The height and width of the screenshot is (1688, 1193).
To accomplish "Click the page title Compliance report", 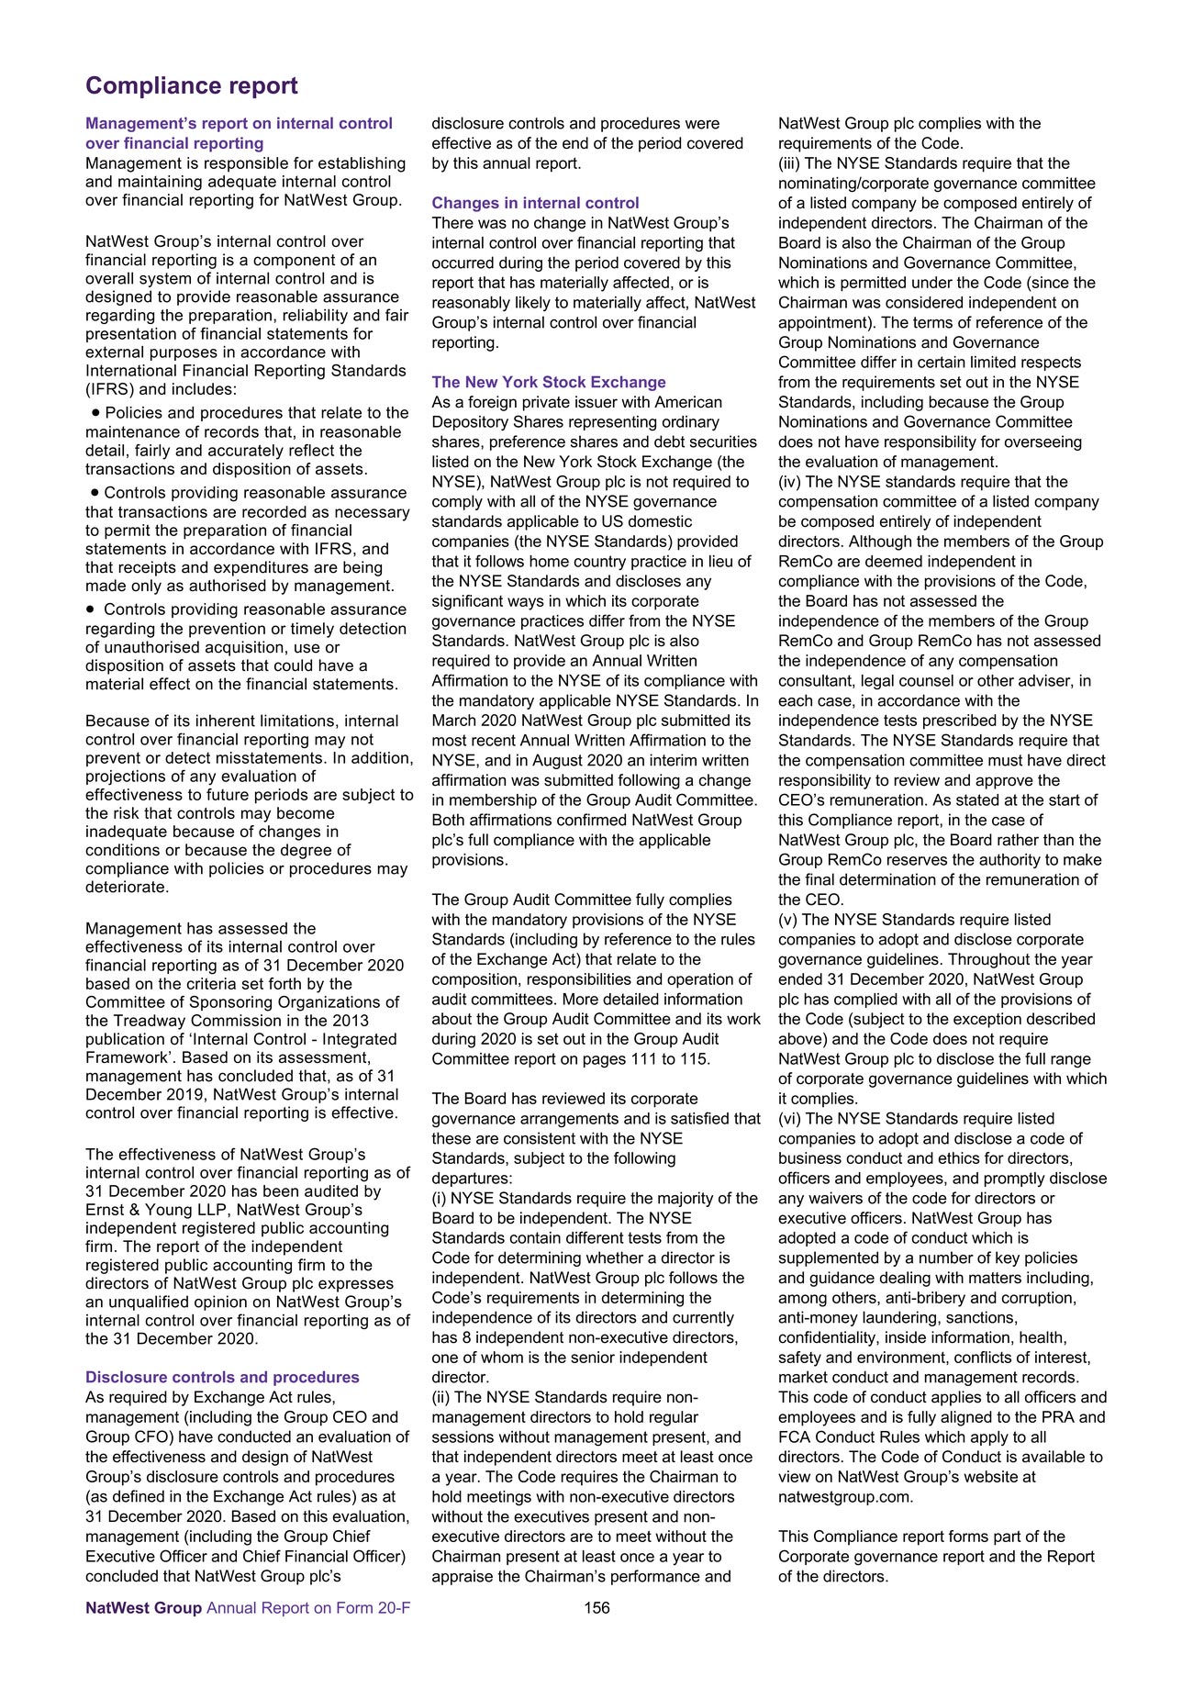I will tap(192, 86).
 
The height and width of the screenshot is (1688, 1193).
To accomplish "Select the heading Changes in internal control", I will tap(535, 203).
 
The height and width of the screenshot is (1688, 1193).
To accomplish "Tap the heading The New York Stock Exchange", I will tap(549, 382).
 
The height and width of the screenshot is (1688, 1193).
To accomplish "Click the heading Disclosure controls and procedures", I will tap(222, 1377).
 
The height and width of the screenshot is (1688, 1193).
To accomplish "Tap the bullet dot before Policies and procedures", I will tap(95, 413).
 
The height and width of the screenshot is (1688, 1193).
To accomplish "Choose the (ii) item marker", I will tap(441, 1397).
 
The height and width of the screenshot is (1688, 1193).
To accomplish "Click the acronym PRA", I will tap(1059, 1417).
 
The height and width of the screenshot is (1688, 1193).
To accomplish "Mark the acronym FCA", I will tap(795, 1436).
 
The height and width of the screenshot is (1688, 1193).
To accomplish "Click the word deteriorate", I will tap(127, 888).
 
